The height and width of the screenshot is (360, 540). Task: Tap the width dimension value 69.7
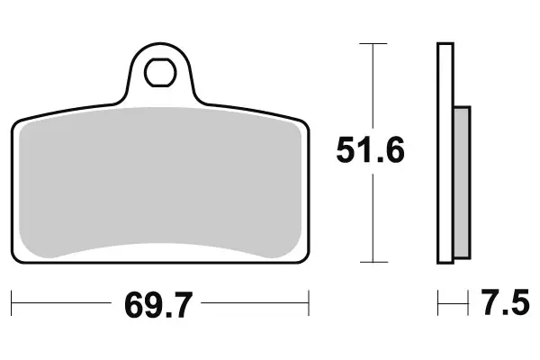(x=159, y=307)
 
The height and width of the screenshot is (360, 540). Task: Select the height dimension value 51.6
(x=371, y=149)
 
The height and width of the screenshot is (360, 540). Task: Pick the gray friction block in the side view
(x=462, y=180)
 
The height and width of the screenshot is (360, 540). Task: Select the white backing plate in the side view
(x=445, y=153)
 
